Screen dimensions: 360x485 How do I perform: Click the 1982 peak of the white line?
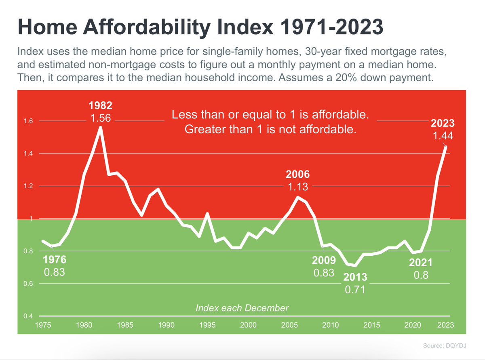100,128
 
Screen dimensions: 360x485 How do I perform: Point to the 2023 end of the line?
446,147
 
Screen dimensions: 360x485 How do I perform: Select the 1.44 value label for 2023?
443,136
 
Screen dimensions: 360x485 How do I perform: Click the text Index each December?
242,308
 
